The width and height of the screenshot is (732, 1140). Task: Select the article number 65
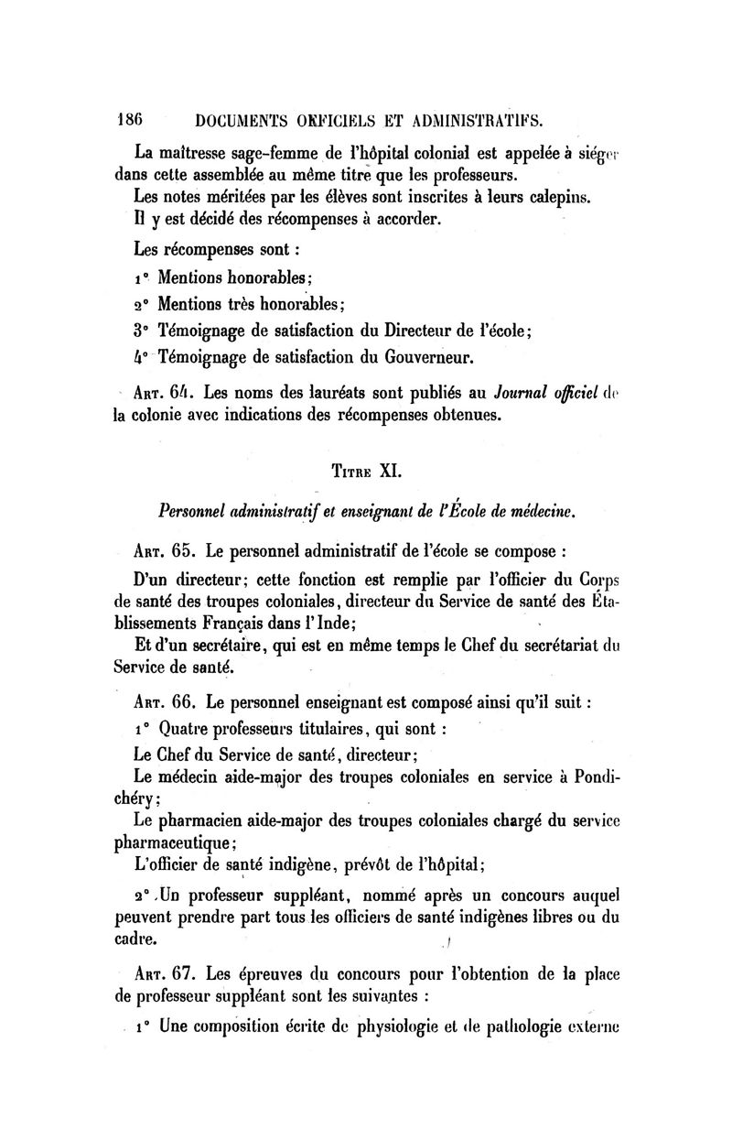(x=180, y=552)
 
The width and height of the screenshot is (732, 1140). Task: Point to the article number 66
(x=180, y=703)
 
